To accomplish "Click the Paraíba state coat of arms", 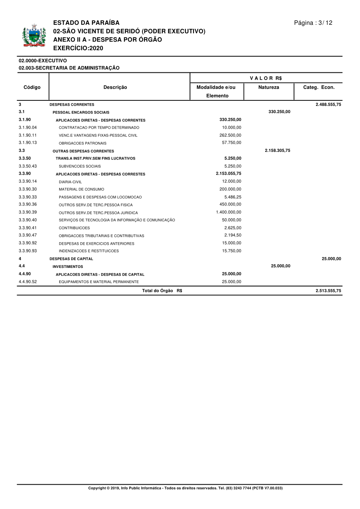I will click(x=34, y=36).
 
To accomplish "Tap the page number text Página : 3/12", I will click(x=313, y=23).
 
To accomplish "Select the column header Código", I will click(x=32, y=87).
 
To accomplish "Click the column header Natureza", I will click(x=269, y=87).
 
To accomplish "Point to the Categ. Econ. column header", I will click(x=319, y=87).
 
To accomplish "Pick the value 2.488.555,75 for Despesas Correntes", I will click(x=328, y=104).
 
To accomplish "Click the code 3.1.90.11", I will click(x=28, y=135).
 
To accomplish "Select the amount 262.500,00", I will click(x=230, y=135).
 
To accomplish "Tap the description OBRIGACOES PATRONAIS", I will click(x=82, y=143).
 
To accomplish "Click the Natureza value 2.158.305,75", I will click(x=278, y=151).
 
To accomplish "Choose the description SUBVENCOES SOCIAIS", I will click(x=80, y=166).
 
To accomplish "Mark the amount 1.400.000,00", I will click(x=228, y=212).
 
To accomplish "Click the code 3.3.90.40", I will click(x=28, y=220).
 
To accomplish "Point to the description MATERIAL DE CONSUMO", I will click(x=81, y=189).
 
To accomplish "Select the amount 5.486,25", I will click(x=233, y=197).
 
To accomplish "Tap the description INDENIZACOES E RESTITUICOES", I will click(x=88, y=251).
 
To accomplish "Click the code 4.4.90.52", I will click(x=28, y=282).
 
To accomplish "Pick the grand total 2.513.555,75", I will click(x=328, y=291).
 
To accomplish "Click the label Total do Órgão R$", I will click(x=162, y=291).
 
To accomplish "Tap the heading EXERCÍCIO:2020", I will click(x=78, y=48).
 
